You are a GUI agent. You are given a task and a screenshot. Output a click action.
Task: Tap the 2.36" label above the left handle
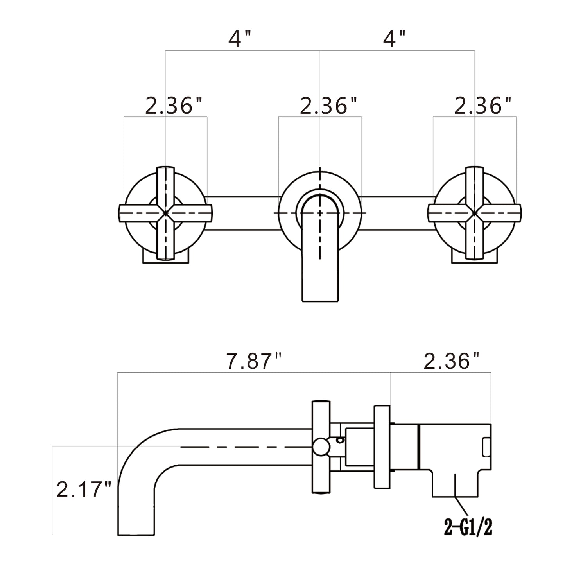174,106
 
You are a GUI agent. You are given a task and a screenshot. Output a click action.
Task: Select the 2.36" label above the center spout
328,106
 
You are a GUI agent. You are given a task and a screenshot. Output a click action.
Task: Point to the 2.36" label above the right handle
483,106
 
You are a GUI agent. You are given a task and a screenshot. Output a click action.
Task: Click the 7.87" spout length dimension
254,361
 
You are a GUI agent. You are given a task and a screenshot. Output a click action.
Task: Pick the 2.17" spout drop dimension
84,490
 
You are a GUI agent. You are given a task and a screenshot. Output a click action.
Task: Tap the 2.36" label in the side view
452,361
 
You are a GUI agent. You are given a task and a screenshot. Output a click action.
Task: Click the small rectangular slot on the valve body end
486,447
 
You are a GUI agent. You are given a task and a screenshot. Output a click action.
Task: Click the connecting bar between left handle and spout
242,213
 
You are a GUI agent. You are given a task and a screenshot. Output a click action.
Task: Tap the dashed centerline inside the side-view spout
242,447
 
